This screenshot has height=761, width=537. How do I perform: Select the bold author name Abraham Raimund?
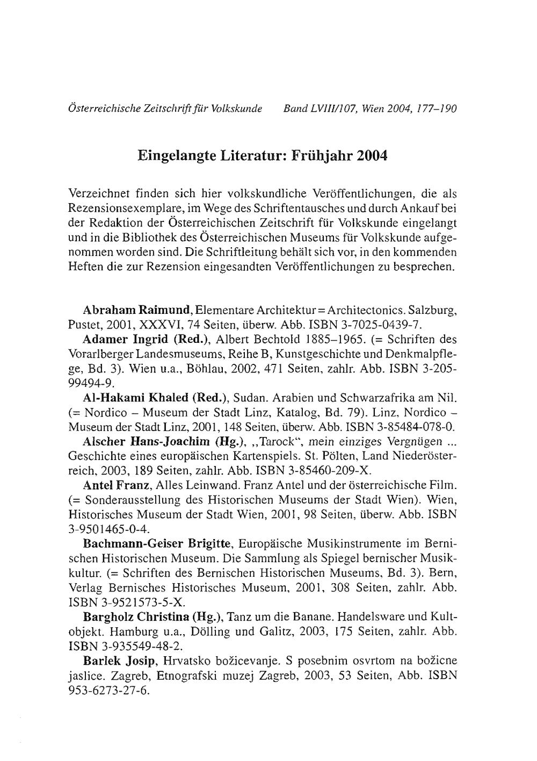point(138,311)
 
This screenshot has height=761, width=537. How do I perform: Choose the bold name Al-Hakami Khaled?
point(136,398)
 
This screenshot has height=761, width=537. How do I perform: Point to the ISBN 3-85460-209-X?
point(327,471)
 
